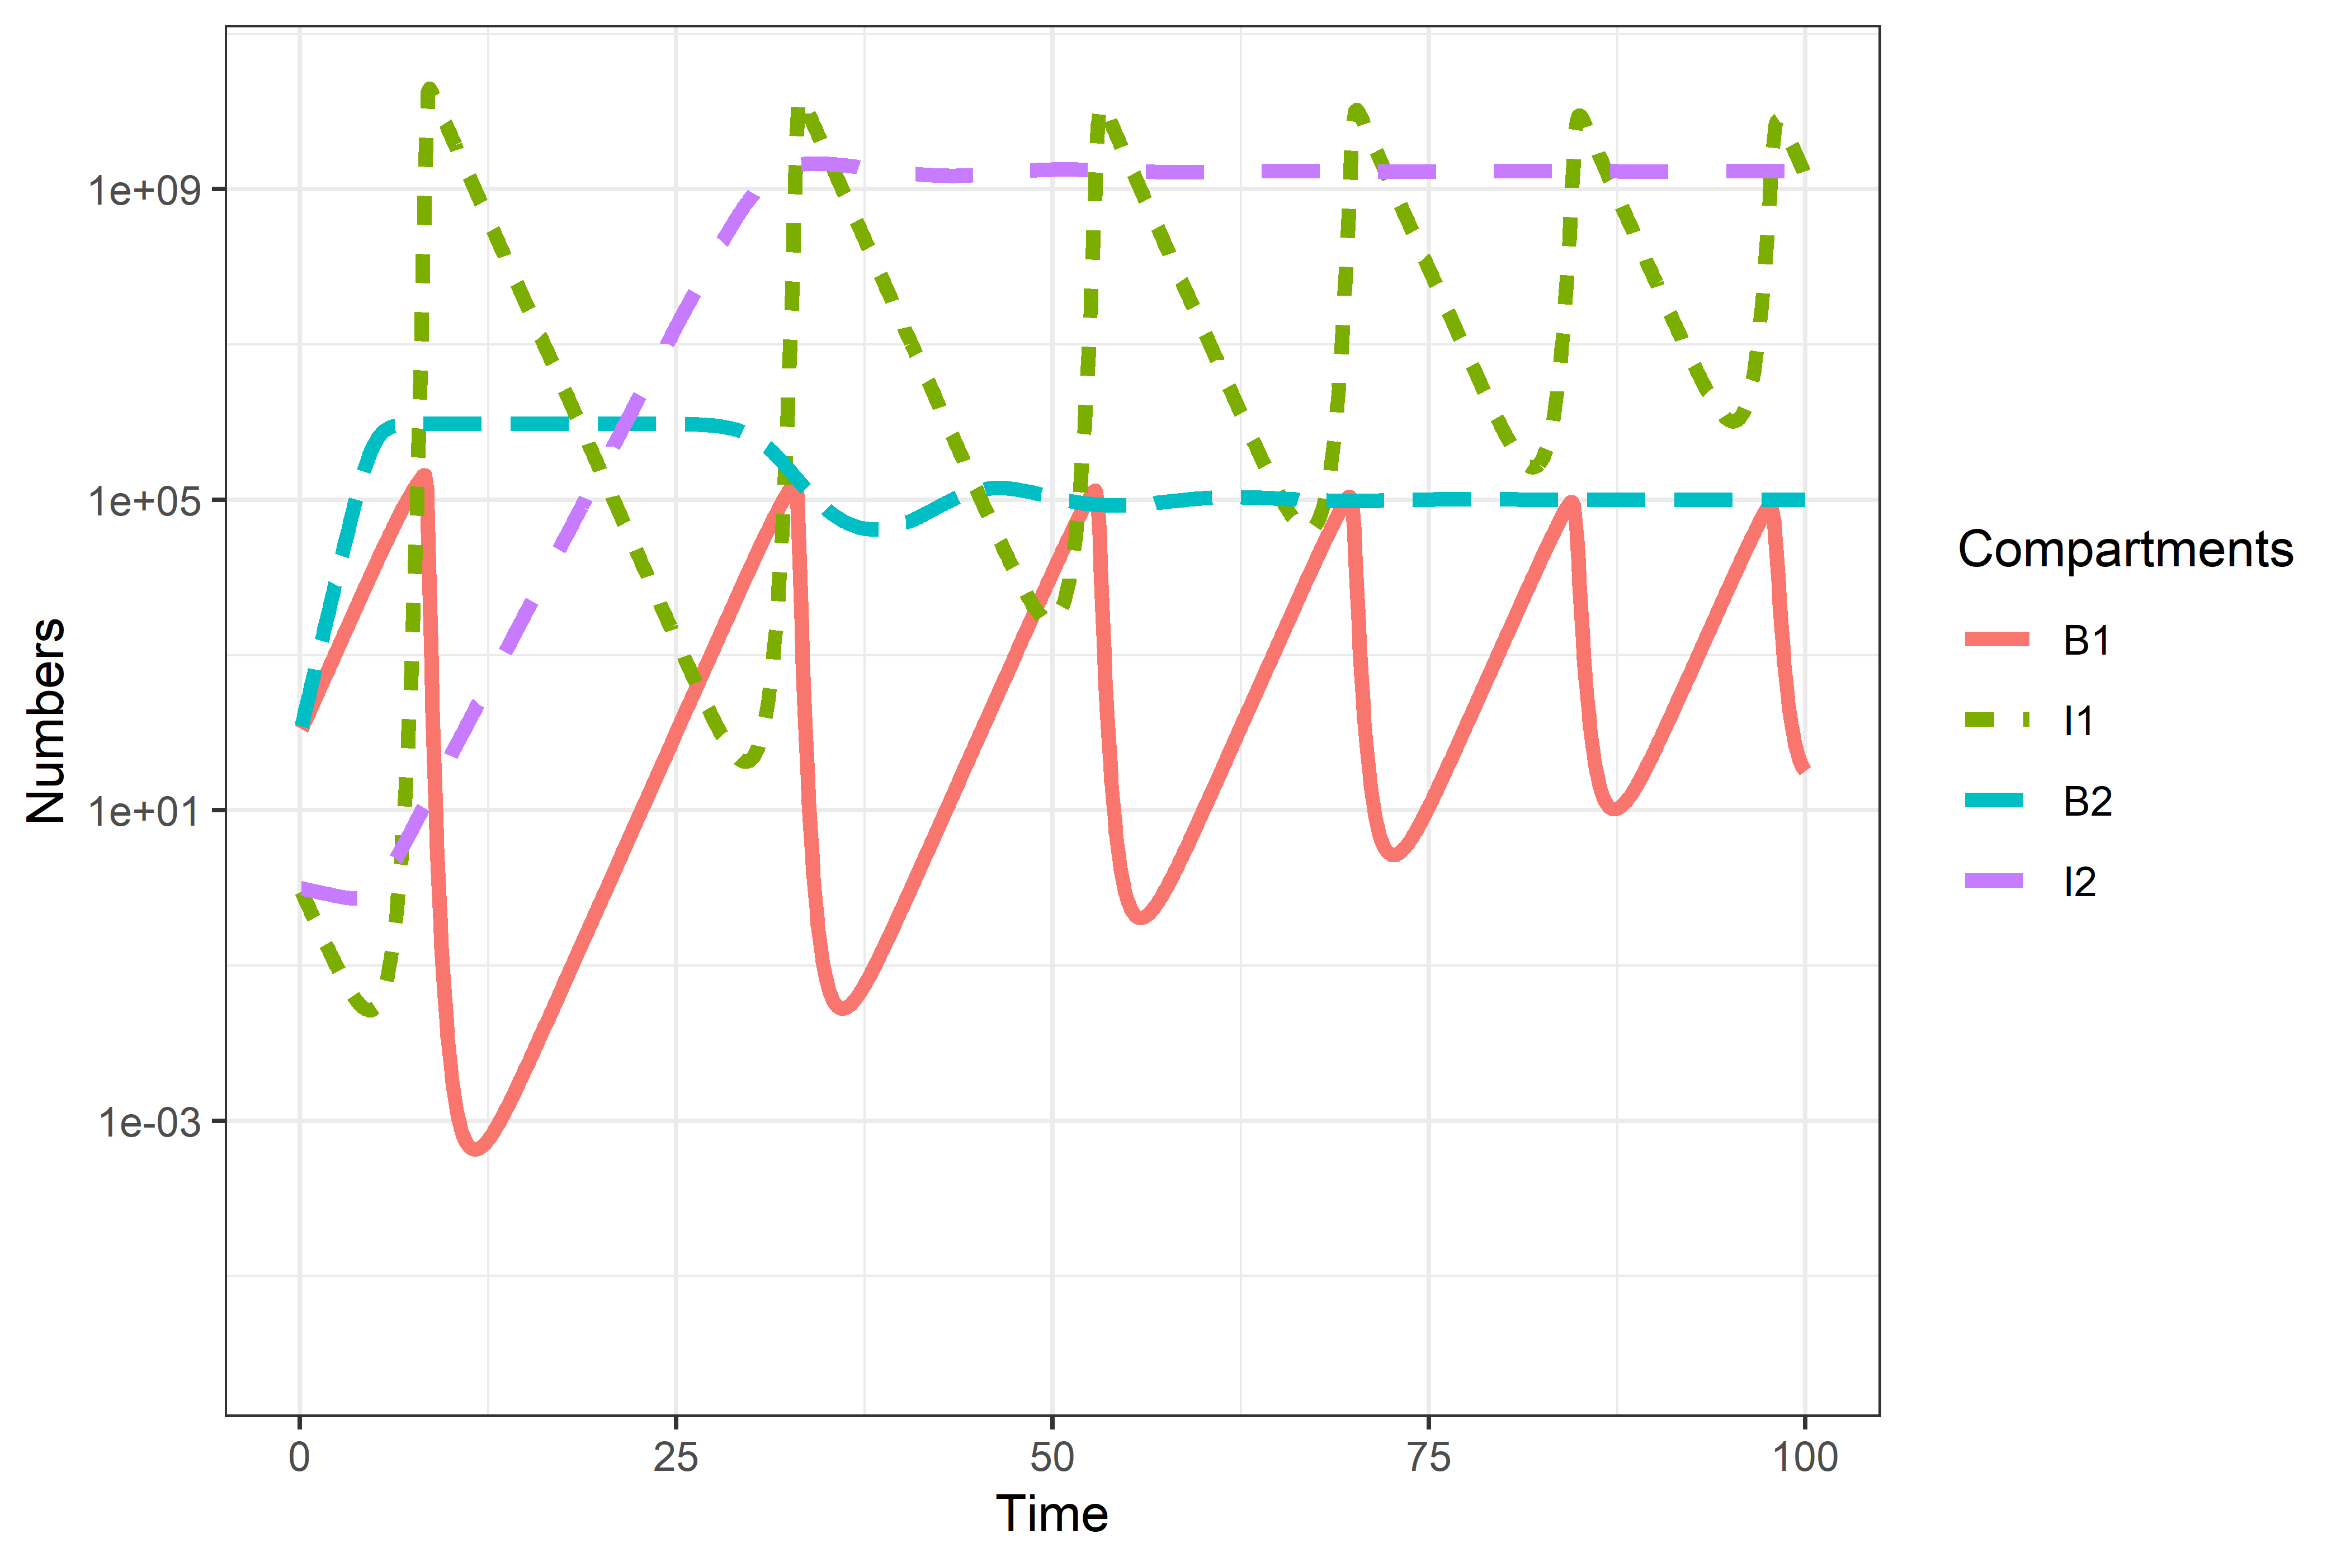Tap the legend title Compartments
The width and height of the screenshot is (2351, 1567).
click(2125, 550)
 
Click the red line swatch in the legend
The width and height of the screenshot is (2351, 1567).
click(1996, 640)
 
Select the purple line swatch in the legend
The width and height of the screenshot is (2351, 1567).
click(1996, 880)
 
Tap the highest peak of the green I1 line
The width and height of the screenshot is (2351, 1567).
click(430, 90)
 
